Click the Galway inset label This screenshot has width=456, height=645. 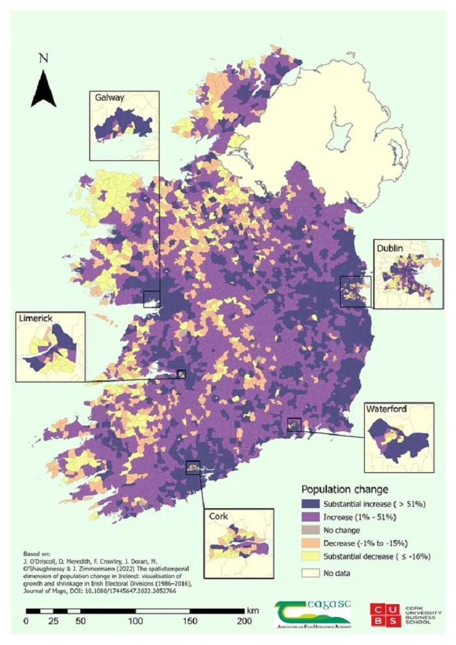click(109, 98)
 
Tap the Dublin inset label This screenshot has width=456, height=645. click(390, 248)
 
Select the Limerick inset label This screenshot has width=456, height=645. click(36, 319)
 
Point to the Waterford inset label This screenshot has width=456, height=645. click(387, 409)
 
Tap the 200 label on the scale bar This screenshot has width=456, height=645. click(244, 622)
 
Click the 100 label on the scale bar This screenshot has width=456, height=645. click(135, 622)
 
